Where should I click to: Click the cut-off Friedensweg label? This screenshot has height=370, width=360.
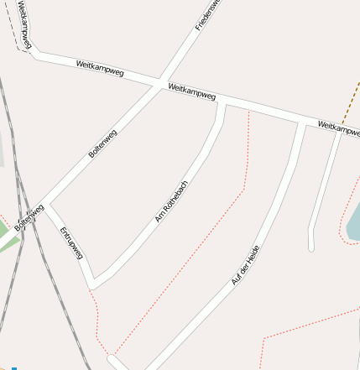tap(207, 15)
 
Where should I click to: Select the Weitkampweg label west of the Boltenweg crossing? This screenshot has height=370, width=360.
tap(99, 69)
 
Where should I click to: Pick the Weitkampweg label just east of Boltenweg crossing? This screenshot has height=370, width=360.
tap(192, 91)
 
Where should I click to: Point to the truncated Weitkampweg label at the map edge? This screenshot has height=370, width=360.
tap(338, 128)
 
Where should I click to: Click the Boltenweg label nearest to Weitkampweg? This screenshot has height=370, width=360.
tap(102, 143)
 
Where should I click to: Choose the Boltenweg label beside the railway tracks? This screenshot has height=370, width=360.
tap(29, 217)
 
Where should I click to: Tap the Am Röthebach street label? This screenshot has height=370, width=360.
tap(172, 201)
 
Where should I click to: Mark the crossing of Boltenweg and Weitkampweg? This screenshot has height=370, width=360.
tap(159, 83)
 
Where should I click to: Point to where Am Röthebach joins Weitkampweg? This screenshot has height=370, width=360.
tap(222, 102)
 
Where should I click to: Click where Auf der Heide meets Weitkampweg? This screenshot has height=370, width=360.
tap(302, 122)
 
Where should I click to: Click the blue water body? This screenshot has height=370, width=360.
tap(354, 225)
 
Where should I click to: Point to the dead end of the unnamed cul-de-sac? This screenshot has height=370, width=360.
tap(311, 248)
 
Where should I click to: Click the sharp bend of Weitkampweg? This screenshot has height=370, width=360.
tap(34, 54)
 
